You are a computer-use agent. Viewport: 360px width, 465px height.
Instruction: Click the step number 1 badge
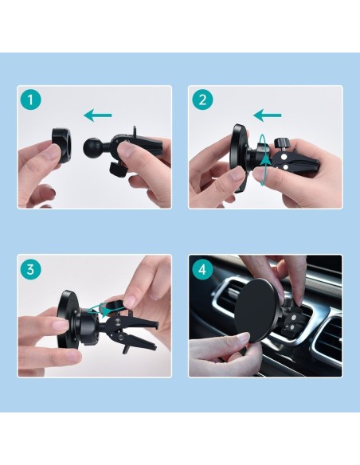[30, 100]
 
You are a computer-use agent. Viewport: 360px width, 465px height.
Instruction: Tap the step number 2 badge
[202, 100]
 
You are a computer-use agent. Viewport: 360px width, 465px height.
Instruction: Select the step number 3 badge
[30, 270]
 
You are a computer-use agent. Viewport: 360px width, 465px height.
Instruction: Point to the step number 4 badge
[202, 270]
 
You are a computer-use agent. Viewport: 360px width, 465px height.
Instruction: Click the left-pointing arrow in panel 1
[98, 115]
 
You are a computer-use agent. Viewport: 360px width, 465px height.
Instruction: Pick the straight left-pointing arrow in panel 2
[268, 115]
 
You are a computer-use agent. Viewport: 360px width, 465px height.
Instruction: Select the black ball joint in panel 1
[92, 145]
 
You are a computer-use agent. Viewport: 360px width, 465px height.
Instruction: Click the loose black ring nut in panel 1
[62, 146]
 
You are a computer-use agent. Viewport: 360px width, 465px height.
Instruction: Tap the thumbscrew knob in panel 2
[281, 143]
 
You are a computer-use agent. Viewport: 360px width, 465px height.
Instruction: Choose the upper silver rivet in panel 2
[284, 156]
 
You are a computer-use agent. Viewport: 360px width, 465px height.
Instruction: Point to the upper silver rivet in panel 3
[118, 322]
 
